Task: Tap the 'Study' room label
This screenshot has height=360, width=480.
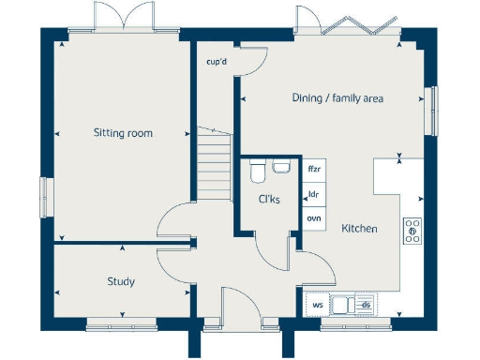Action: point(120,281)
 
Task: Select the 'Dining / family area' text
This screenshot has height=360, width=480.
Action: point(337,97)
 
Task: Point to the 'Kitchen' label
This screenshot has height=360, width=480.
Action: point(359,228)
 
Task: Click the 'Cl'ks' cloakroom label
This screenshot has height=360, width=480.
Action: point(269,199)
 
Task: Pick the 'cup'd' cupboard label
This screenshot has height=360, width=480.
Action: point(217,63)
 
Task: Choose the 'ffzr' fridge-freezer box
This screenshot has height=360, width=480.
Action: point(314,170)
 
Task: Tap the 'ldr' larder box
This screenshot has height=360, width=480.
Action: point(314,194)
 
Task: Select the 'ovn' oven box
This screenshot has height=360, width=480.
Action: point(314,218)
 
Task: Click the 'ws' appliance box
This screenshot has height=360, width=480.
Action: point(318,305)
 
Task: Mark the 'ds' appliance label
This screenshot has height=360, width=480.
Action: point(367,305)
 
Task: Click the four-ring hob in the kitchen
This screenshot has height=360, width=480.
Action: point(412,231)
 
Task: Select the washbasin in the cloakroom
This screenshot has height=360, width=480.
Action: point(280,167)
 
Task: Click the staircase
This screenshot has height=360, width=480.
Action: point(214,163)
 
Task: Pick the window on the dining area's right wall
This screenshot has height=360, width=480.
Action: point(432,111)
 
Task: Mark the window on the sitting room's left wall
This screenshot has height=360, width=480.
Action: point(44,200)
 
